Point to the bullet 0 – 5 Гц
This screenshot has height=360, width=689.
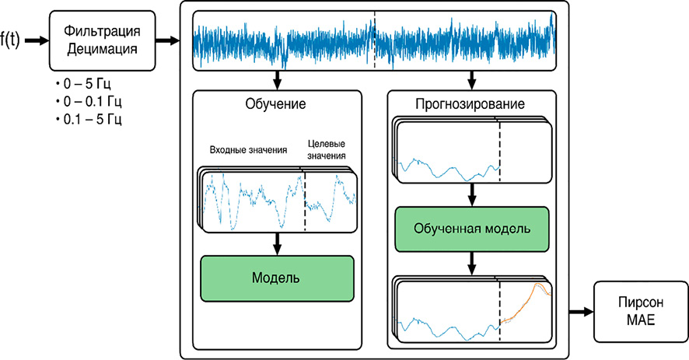tap(83, 82)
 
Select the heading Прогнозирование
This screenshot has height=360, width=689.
tap(471, 103)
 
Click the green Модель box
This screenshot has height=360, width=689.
tap(278, 278)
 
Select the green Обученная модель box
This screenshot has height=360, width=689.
tap(472, 229)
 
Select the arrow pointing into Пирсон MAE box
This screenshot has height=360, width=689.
tap(580, 311)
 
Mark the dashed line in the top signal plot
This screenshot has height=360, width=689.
tap(374, 40)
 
